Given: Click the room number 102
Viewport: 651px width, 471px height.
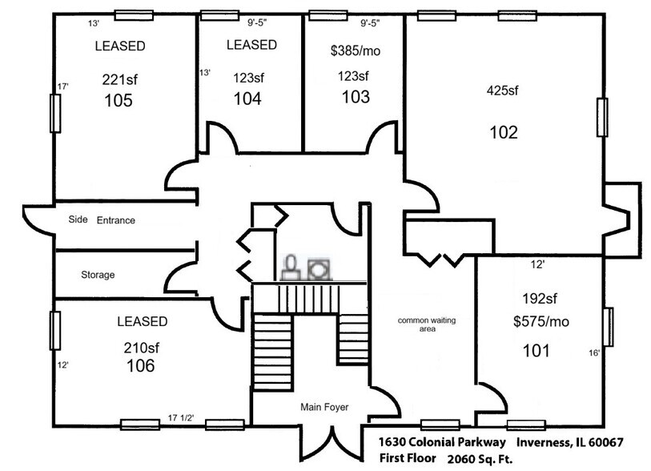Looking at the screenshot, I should (503, 132).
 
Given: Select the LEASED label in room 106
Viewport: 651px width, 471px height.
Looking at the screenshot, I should (142, 322).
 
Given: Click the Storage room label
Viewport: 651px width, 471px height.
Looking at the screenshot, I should (98, 275).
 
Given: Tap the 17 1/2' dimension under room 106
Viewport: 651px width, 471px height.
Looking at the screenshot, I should (180, 417).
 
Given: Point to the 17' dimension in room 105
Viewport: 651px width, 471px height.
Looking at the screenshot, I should (61, 87).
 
